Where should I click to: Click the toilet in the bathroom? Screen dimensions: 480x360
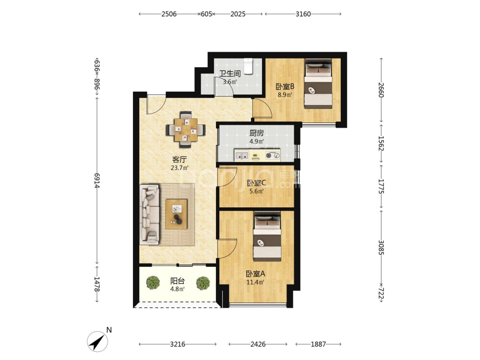point(248,66)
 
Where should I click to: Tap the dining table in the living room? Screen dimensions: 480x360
point(185,130)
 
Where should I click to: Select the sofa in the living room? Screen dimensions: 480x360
point(150,214)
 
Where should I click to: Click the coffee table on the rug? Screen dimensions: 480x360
point(176,214)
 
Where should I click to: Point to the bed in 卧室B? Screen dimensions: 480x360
point(318,83)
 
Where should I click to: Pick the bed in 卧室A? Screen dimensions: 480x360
point(267,237)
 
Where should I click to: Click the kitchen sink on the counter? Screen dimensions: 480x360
point(241,155)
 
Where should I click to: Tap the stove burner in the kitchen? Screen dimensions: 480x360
point(273,155)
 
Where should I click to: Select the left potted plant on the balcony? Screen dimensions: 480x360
point(153,283)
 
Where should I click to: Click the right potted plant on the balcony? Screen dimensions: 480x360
point(203,283)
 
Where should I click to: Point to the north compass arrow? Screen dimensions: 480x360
point(97,341)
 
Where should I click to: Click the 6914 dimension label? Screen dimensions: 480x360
point(97,180)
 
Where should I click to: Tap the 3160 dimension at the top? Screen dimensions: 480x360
point(303,14)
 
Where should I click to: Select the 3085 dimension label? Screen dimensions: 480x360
point(381,247)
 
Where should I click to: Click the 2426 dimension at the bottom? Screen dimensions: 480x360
point(258,344)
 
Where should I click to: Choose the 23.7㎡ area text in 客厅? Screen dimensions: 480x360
point(180,168)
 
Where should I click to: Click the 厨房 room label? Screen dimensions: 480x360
point(256,133)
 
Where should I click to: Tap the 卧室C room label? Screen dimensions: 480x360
point(256,183)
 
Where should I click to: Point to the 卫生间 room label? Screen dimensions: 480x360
point(230,73)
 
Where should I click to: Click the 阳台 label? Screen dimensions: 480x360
point(177,281)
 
